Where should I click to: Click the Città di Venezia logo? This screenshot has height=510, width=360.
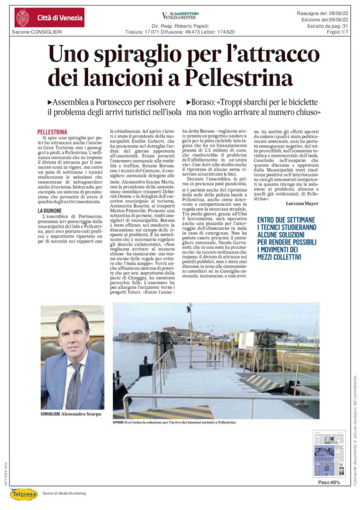(49, 18)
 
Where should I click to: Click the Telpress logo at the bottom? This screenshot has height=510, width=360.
(24, 493)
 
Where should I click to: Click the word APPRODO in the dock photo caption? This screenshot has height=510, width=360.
(121, 423)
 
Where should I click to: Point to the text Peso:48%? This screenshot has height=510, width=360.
(329, 483)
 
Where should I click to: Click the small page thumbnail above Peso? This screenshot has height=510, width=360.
(329, 453)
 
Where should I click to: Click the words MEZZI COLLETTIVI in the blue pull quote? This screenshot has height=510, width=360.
(279, 257)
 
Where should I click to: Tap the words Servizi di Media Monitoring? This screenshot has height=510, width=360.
(64, 493)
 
